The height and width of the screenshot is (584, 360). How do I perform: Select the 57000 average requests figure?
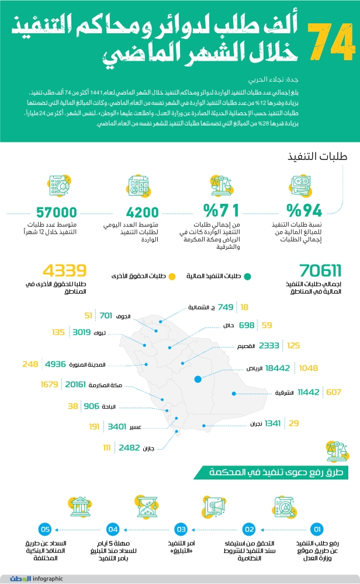pyautogui.click(x=57, y=212)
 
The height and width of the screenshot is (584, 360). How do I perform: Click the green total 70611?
pyautogui.click(x=320, y=270)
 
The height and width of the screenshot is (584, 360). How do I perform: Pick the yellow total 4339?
pyautogui.click(x=64, y=270)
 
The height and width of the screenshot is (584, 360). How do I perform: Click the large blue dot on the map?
pyautogui.click(x=198, y=379)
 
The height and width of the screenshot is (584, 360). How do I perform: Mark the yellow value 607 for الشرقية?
pyautogui.click(x=334, y=392)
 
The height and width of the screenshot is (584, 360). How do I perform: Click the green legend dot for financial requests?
pyautogui.click(x=248, y=276)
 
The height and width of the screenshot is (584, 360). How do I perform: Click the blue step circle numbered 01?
pyautogui.click(x=317, y=530)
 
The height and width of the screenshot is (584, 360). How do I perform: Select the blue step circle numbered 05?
pyautogui.click(x=44, y=530)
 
